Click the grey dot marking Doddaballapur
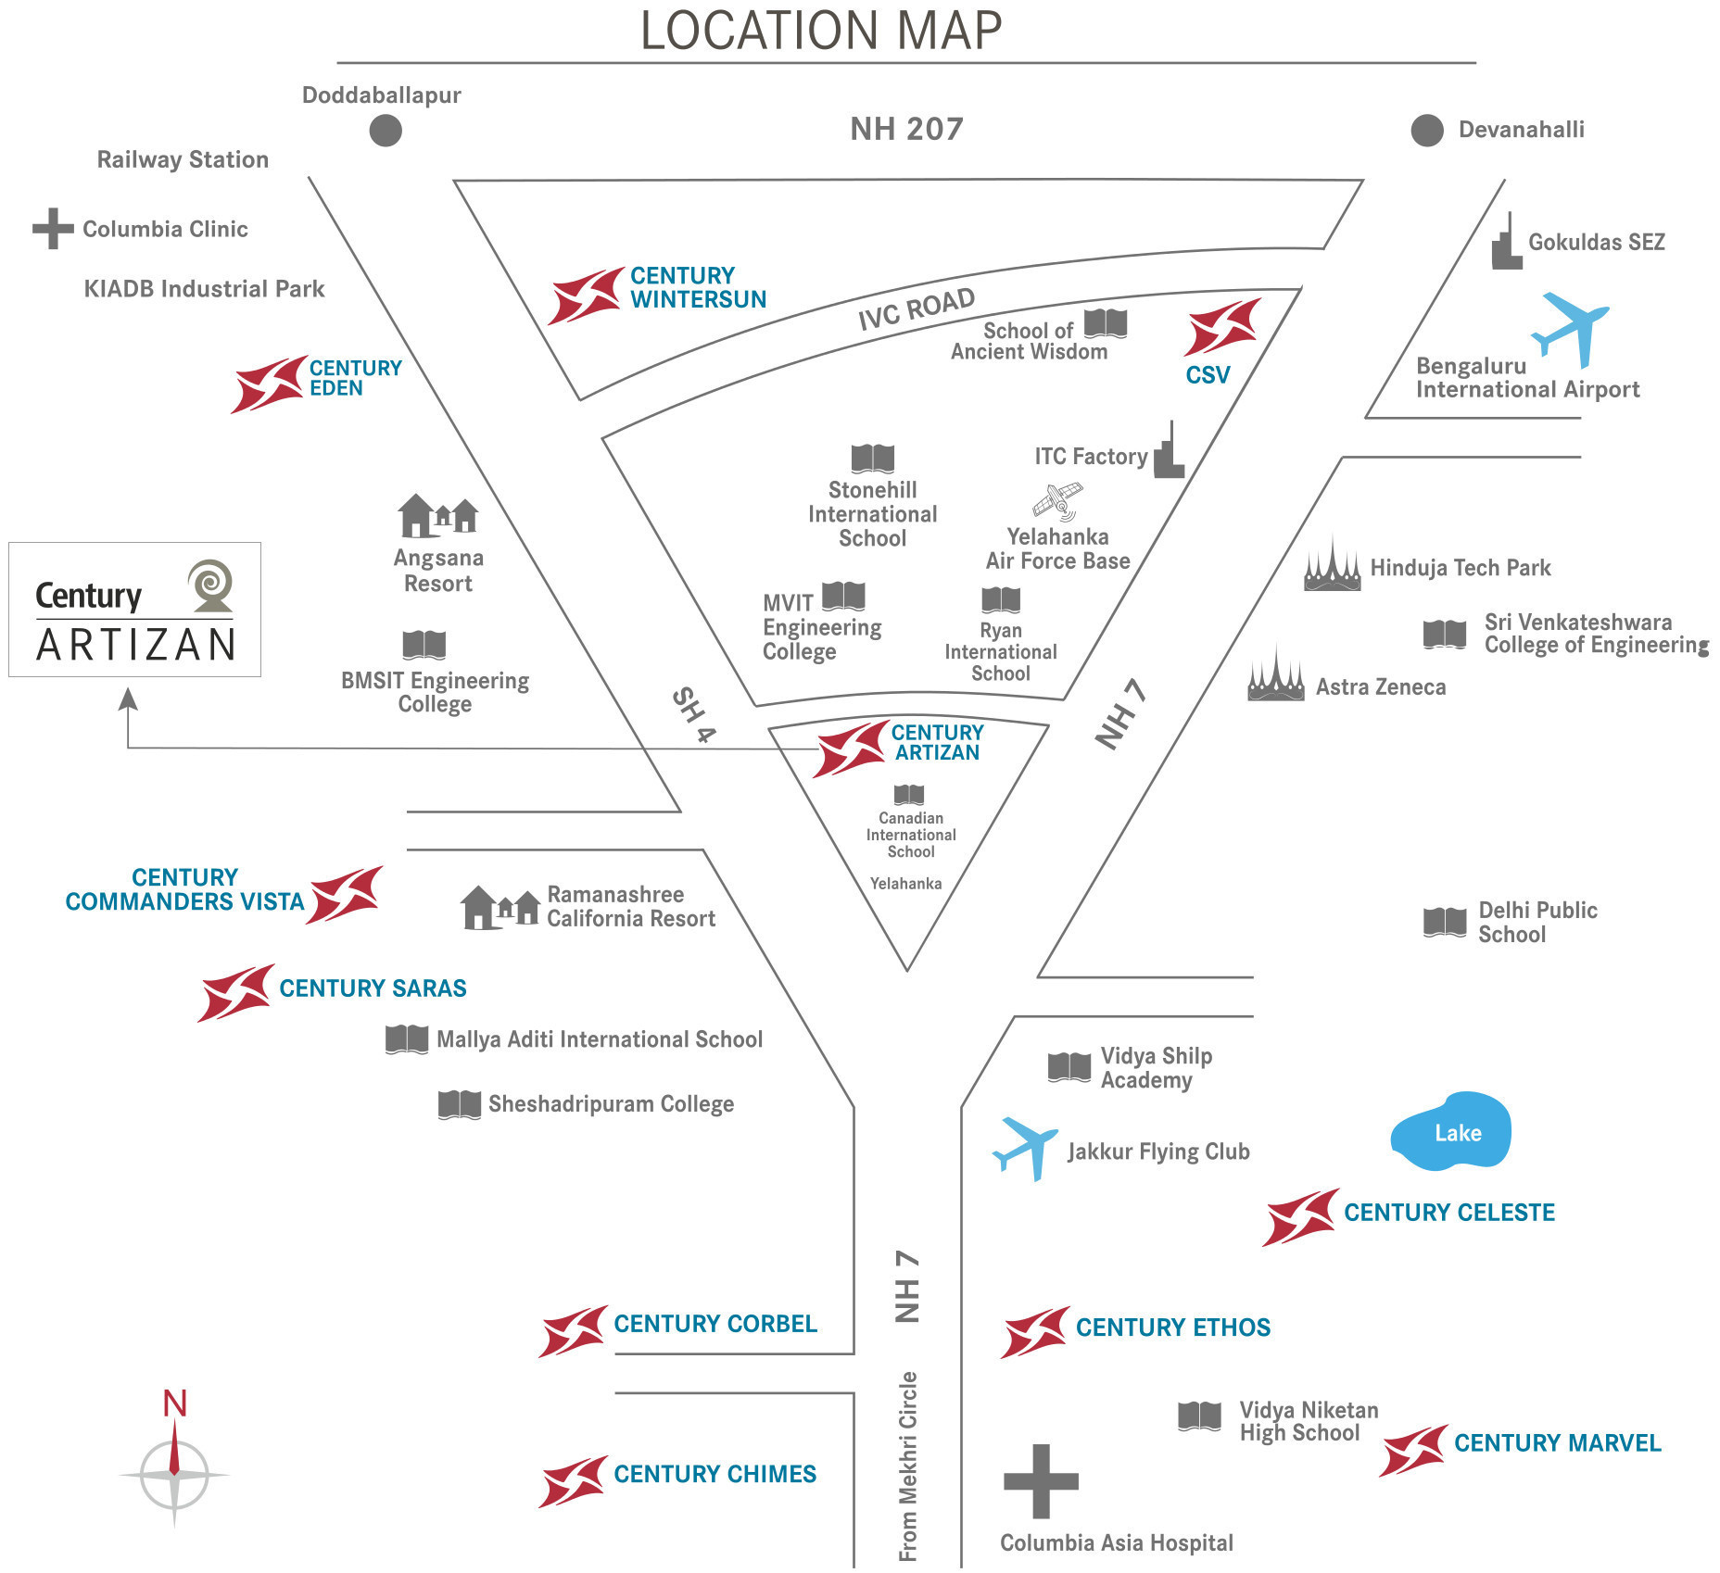(386, 131)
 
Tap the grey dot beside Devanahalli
(1427, 131)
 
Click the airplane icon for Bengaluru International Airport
(1570, 329)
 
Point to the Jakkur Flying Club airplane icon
(1026, 1149)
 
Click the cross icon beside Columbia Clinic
(53, 229)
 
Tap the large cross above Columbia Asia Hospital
(1041, 1481)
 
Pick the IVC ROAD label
(917, 308)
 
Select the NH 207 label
(907, 129)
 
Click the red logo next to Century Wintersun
(586, 296)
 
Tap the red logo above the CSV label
(1222, 326)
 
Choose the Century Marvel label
(1558, 1443)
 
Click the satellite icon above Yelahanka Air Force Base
(1058, 501)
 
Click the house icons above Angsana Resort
(437, 515)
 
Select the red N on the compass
(175, 1403)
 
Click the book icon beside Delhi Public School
(1445, 922)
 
